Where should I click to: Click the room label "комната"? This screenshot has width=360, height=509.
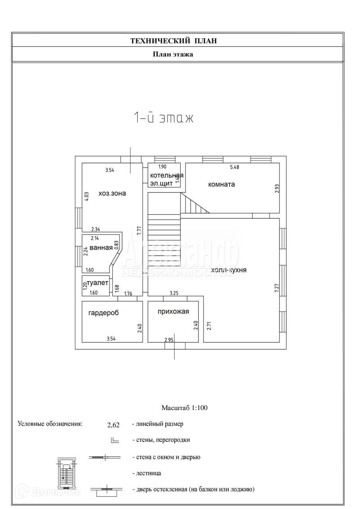(221, 184)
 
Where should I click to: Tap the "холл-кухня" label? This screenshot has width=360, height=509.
(229, 270)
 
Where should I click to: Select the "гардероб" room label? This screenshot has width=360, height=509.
(103, 313)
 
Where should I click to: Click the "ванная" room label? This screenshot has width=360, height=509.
(101, 248)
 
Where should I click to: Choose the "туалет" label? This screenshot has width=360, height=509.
(97, 283)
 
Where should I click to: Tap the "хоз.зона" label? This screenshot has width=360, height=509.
(112, 194)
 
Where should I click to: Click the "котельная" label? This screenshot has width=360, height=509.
(167, 175)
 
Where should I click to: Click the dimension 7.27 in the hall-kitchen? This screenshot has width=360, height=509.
(277, 288)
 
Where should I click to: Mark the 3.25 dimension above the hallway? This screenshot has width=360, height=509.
(174, 293)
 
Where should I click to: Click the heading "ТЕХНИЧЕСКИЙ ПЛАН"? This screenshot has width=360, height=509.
(174, 41)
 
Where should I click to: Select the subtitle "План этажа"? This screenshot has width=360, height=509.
(173, 54)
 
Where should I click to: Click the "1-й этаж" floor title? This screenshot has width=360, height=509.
(163, 118)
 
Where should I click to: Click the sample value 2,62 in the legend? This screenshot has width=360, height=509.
(113, 425)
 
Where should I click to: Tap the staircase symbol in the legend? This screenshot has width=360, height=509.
(66, 473)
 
